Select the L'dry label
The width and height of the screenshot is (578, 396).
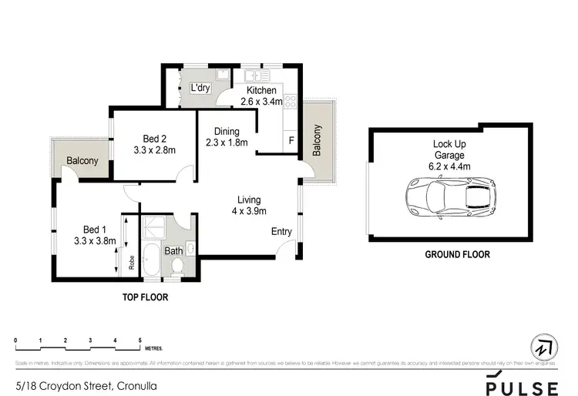(200, 89)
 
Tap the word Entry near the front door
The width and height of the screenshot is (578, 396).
(281, 232)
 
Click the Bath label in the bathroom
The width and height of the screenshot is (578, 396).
(173, 250)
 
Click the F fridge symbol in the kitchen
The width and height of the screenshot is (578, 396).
(291, 141)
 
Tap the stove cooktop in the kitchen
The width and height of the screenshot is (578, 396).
(291, 101)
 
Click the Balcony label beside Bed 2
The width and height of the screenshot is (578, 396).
(82, 160)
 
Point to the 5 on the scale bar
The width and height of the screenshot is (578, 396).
(139, 340)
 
